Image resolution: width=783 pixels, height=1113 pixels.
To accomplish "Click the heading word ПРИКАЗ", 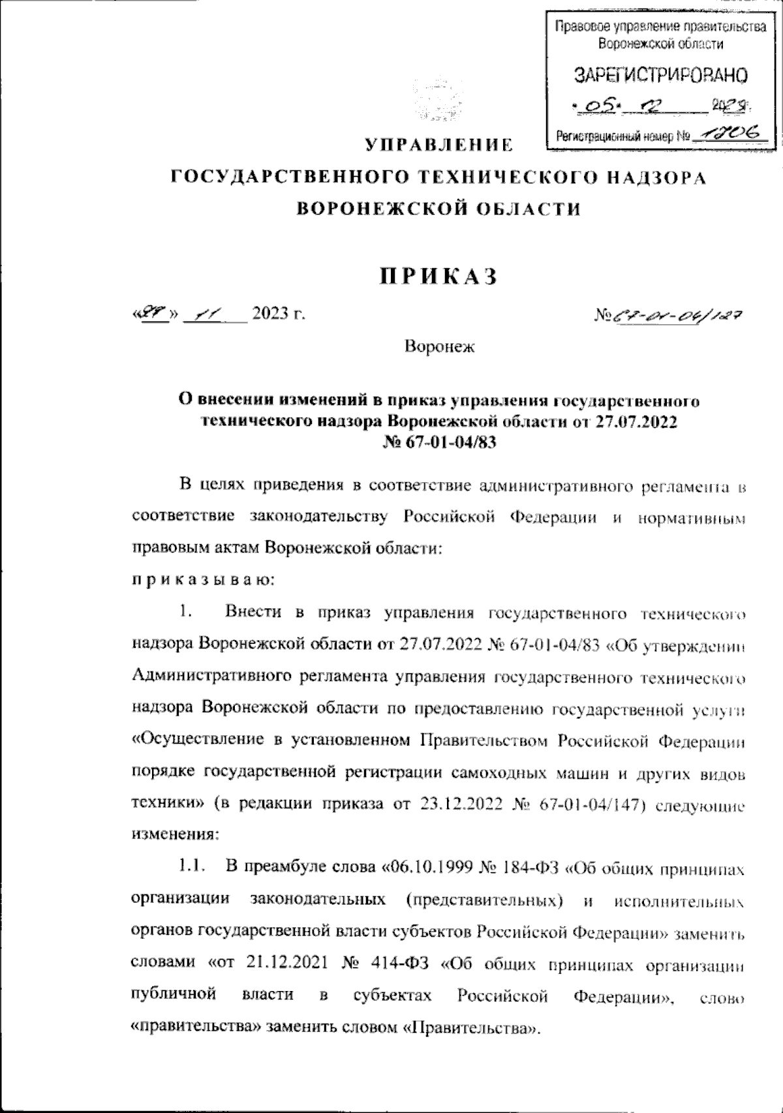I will [438, 277].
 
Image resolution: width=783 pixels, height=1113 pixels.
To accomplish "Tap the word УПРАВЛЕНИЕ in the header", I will [438, 144].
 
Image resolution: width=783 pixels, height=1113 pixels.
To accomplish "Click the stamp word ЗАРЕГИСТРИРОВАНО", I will [660, 76].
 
